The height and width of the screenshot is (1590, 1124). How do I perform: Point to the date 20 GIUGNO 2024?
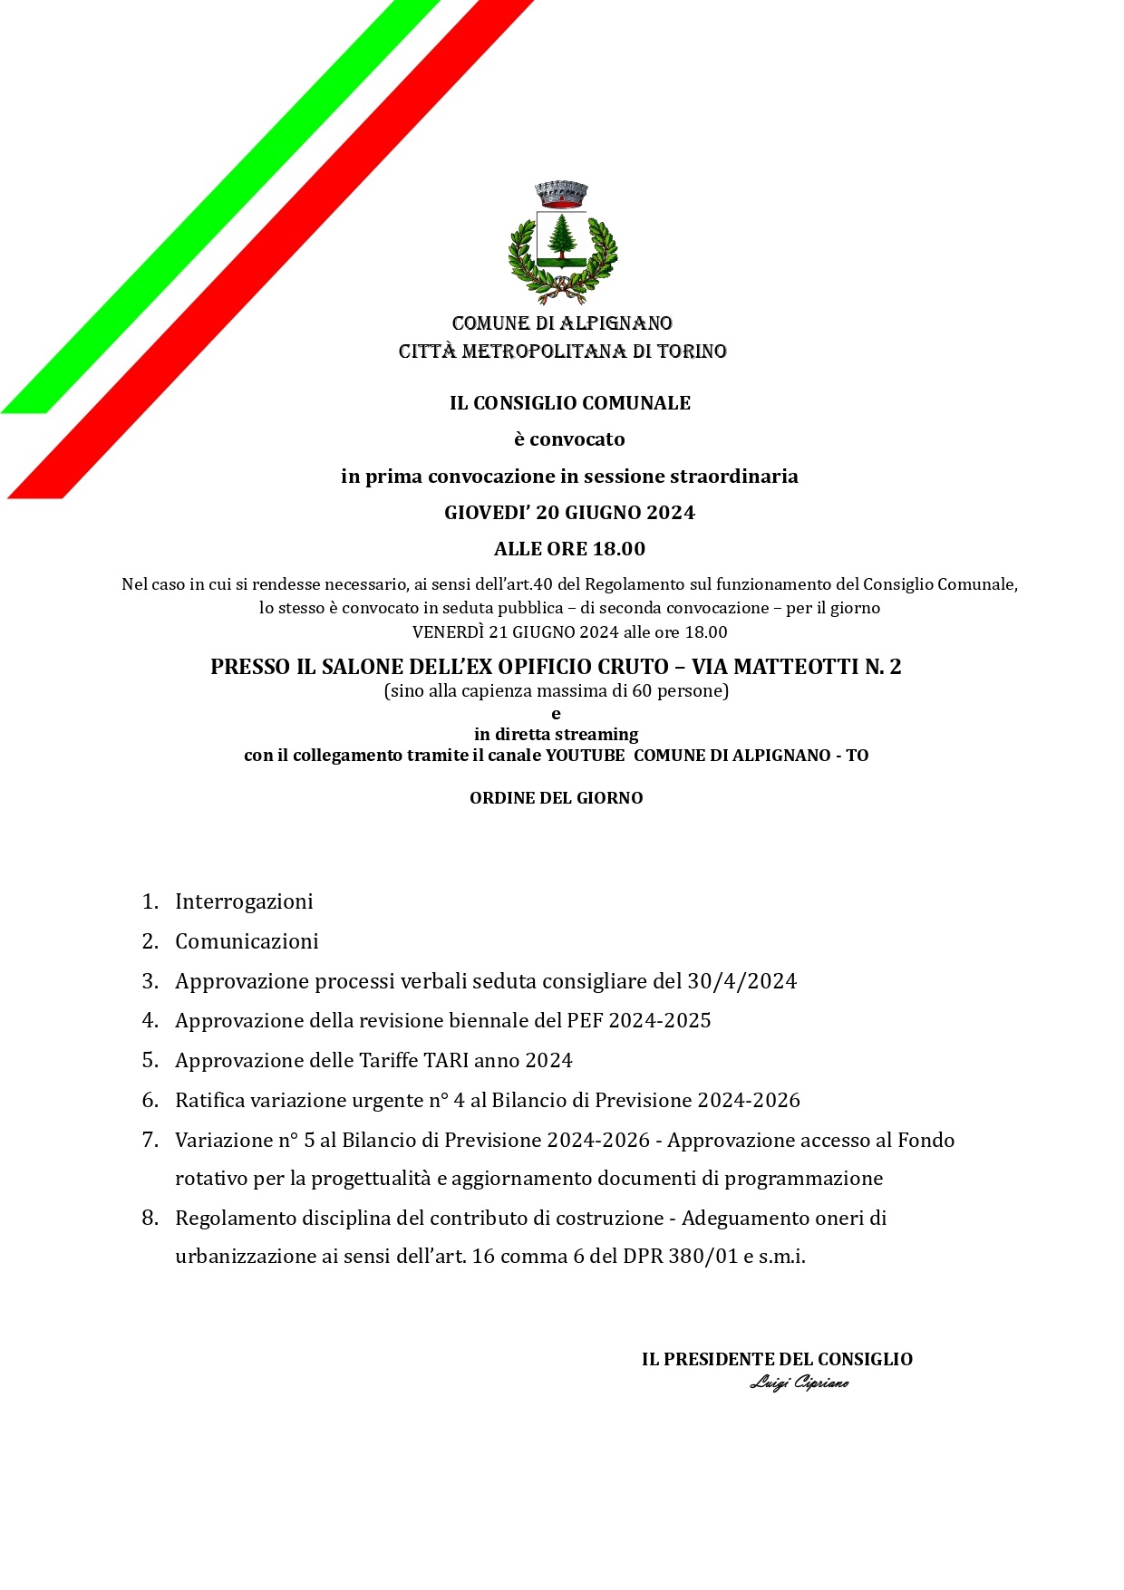point(615,513)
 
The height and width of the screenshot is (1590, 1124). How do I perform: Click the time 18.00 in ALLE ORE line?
point(619,549)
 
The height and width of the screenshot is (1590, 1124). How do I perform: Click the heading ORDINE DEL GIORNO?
point(556,798)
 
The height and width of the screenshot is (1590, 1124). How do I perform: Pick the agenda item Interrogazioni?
point(244,901)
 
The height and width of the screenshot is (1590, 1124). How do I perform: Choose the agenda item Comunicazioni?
point(247,941)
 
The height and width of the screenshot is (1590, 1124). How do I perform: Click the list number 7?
point(149,1140)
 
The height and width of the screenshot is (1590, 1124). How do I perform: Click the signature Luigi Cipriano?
point(799,1383)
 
